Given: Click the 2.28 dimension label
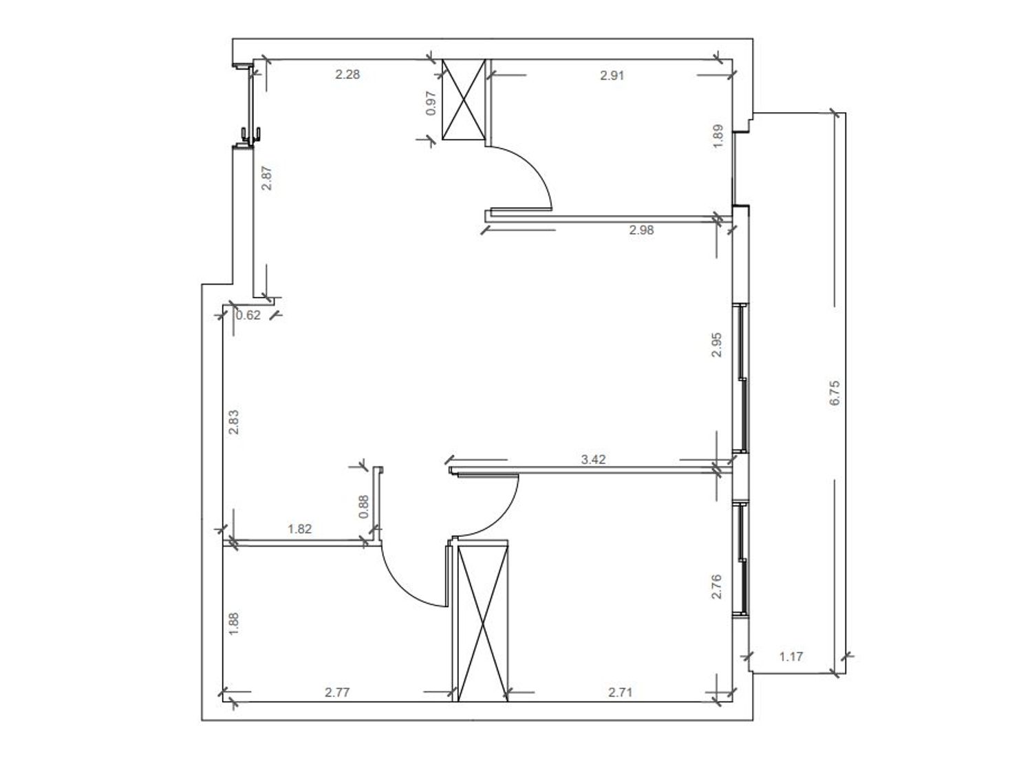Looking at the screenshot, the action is click(347, 74).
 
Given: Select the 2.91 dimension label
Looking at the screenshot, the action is click(612, 76).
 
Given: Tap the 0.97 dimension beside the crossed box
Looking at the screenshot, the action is click(431, 103).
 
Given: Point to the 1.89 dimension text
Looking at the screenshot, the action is click(718, 136).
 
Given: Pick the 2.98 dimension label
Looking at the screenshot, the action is click(641, 230).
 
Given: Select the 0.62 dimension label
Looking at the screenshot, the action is click(248, 316).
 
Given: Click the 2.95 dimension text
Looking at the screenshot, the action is click(716, 344).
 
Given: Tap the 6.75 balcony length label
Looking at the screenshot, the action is click(835, 393).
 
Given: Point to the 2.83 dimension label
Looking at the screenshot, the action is click(234, 422).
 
